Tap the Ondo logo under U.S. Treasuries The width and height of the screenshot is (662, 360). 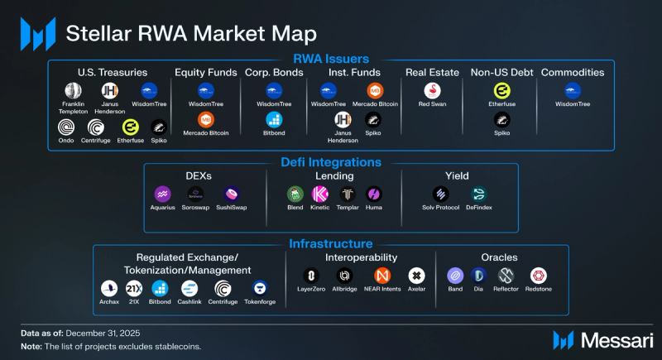66,127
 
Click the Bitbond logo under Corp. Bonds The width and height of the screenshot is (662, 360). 273,120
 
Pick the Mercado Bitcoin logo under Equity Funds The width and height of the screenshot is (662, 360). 206,120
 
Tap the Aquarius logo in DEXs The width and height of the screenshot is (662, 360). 163,194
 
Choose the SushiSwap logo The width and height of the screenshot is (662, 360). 232,194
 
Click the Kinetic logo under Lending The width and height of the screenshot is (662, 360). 320,194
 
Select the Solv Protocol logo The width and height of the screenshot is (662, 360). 440,194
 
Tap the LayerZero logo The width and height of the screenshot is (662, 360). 312,276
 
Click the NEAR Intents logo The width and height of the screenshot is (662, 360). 382,276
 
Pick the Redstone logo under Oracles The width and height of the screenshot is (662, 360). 539,276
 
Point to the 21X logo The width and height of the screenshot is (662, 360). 133,287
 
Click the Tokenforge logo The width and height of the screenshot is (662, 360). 259,287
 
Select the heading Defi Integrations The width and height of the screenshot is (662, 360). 331,163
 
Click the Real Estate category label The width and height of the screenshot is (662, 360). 432,72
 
